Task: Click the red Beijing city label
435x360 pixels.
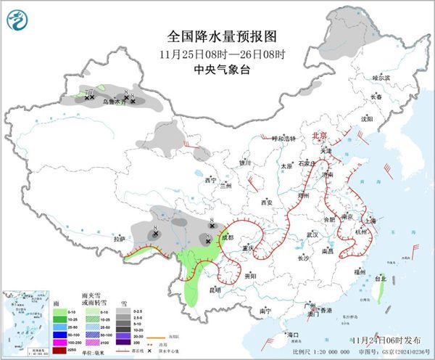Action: coord(320,136)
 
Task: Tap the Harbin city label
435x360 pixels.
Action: coord(381,77)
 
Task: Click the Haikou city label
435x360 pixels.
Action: coord(293,335)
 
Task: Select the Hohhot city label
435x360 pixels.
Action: coord(280,138)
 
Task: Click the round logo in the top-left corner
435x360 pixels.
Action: coord(17,20)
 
